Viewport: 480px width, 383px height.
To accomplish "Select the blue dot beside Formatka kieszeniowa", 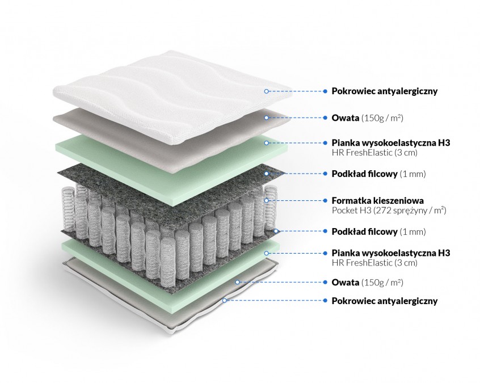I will click(325, 200).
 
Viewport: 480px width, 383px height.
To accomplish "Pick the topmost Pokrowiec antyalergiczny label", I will click(384, 91).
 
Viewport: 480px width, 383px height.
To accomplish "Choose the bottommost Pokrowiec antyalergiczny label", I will click(384, 301).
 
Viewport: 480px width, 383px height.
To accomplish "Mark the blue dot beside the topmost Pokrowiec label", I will click(325, 91).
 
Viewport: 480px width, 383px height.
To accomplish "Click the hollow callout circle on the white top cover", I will click(266, 91).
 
